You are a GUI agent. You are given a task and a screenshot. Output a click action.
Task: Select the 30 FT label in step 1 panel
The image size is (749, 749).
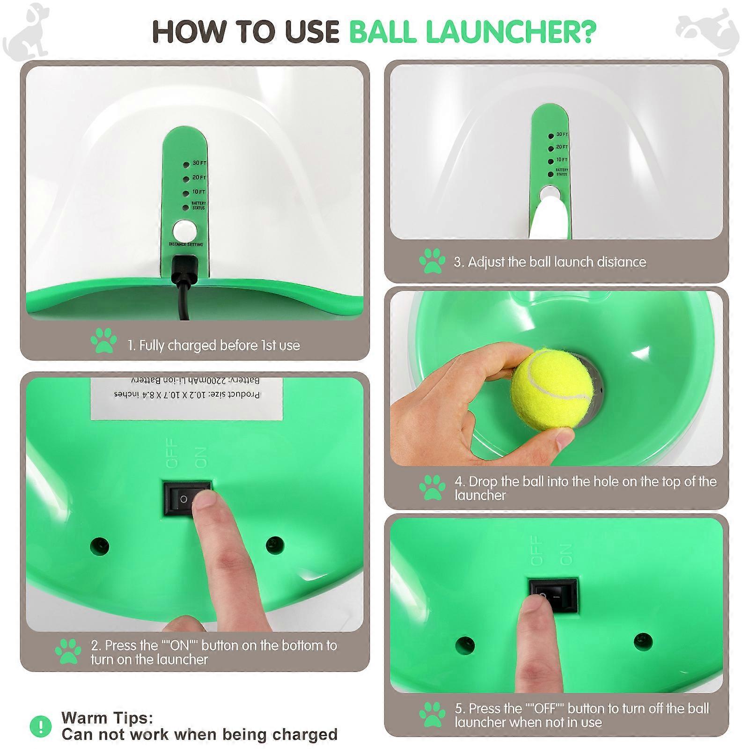[x=199, y=163]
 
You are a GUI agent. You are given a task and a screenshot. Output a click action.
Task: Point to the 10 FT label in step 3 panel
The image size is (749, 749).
[x=562, y=160]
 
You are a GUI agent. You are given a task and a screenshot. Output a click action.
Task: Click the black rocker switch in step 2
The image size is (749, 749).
[x=187, y=499]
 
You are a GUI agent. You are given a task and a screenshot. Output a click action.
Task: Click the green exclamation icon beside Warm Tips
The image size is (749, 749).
[x=41, y=726]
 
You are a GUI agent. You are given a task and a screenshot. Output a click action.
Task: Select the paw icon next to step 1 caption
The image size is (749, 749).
[x=103, y=340]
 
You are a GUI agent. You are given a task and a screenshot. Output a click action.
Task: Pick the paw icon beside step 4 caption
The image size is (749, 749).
[x=432, y=488]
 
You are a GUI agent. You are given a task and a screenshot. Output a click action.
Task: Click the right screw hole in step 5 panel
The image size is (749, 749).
[x=643, y=640]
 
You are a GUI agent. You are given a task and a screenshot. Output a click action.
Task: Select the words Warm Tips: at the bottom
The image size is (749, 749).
[x=107, y=718]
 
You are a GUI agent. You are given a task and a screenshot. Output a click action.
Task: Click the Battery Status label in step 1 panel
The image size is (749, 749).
[x=198, y=206]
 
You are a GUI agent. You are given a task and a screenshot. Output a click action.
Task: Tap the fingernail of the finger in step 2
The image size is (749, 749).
[x=205, y=501]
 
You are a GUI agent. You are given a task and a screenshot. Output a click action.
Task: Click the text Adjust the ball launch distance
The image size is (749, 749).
[x=550, y=262]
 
